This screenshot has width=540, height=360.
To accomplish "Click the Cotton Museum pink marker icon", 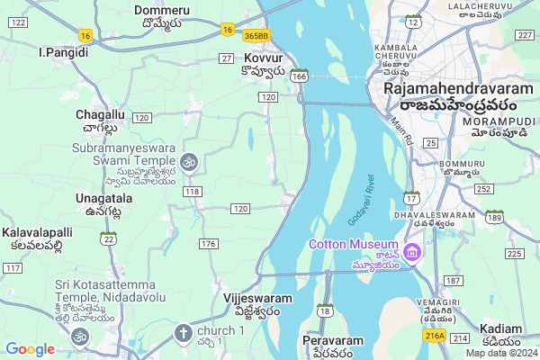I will pyautogui.click(x=413, y=249).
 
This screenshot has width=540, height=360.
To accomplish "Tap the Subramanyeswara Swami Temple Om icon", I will pyautogui.click(x=188, y=162).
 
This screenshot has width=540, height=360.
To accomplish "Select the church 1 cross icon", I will pyautogui.click(x=183, y=334).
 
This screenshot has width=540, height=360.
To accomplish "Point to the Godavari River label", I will pyautogui.click(x=361, y=201).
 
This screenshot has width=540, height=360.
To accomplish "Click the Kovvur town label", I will pyautogui.click(x=264, y=58).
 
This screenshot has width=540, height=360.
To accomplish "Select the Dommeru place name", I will pyautogui.click(x=162, y=10).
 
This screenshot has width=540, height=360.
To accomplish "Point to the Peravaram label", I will pyautogui.click(x=332, y=341).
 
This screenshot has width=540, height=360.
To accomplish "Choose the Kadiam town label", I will pyautogui.click(x=500, y=328).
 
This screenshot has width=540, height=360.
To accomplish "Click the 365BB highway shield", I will pyautogui.click(x=256, y=34).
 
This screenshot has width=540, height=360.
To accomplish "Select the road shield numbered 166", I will pyautogui.click(x=300, y=77).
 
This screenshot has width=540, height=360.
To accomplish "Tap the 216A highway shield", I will pyautogui.click(x=435, y=336).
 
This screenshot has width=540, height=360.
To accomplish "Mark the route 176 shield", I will pyautogui.click(x=209, y=244).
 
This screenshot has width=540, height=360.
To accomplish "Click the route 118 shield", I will pyautogui.click(x=191, y=192).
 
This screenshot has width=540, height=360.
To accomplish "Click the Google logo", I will pyautogui.click(x=30, y=349).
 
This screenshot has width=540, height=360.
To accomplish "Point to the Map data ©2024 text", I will pyautogui.click(x=499, y=352).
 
